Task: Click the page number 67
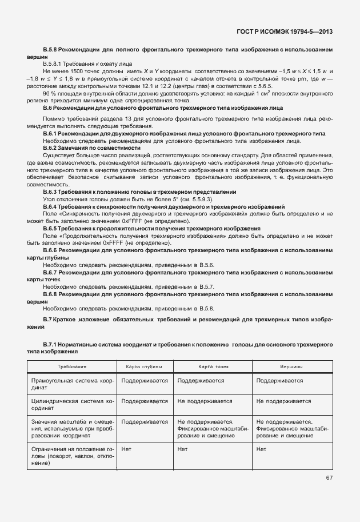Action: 329,478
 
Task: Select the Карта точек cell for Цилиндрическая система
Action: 201,402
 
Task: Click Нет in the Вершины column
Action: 262,449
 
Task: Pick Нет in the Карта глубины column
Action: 126,449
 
